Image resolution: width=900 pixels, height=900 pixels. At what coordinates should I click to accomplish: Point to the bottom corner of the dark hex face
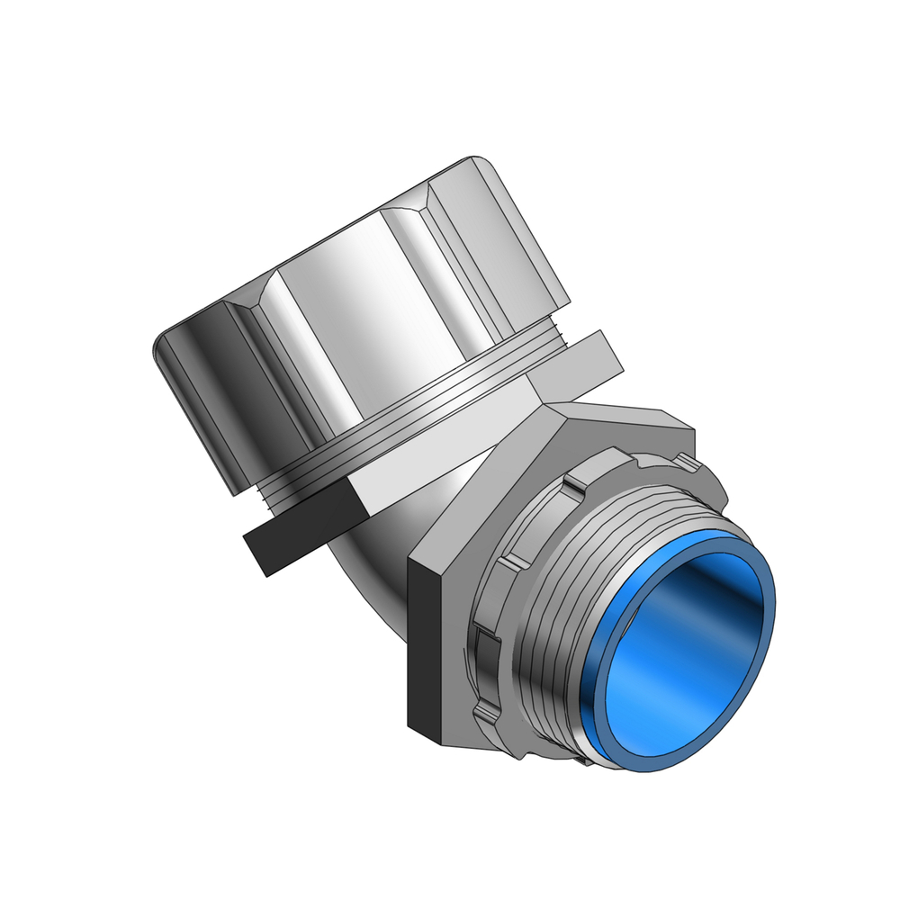[441, 747]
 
